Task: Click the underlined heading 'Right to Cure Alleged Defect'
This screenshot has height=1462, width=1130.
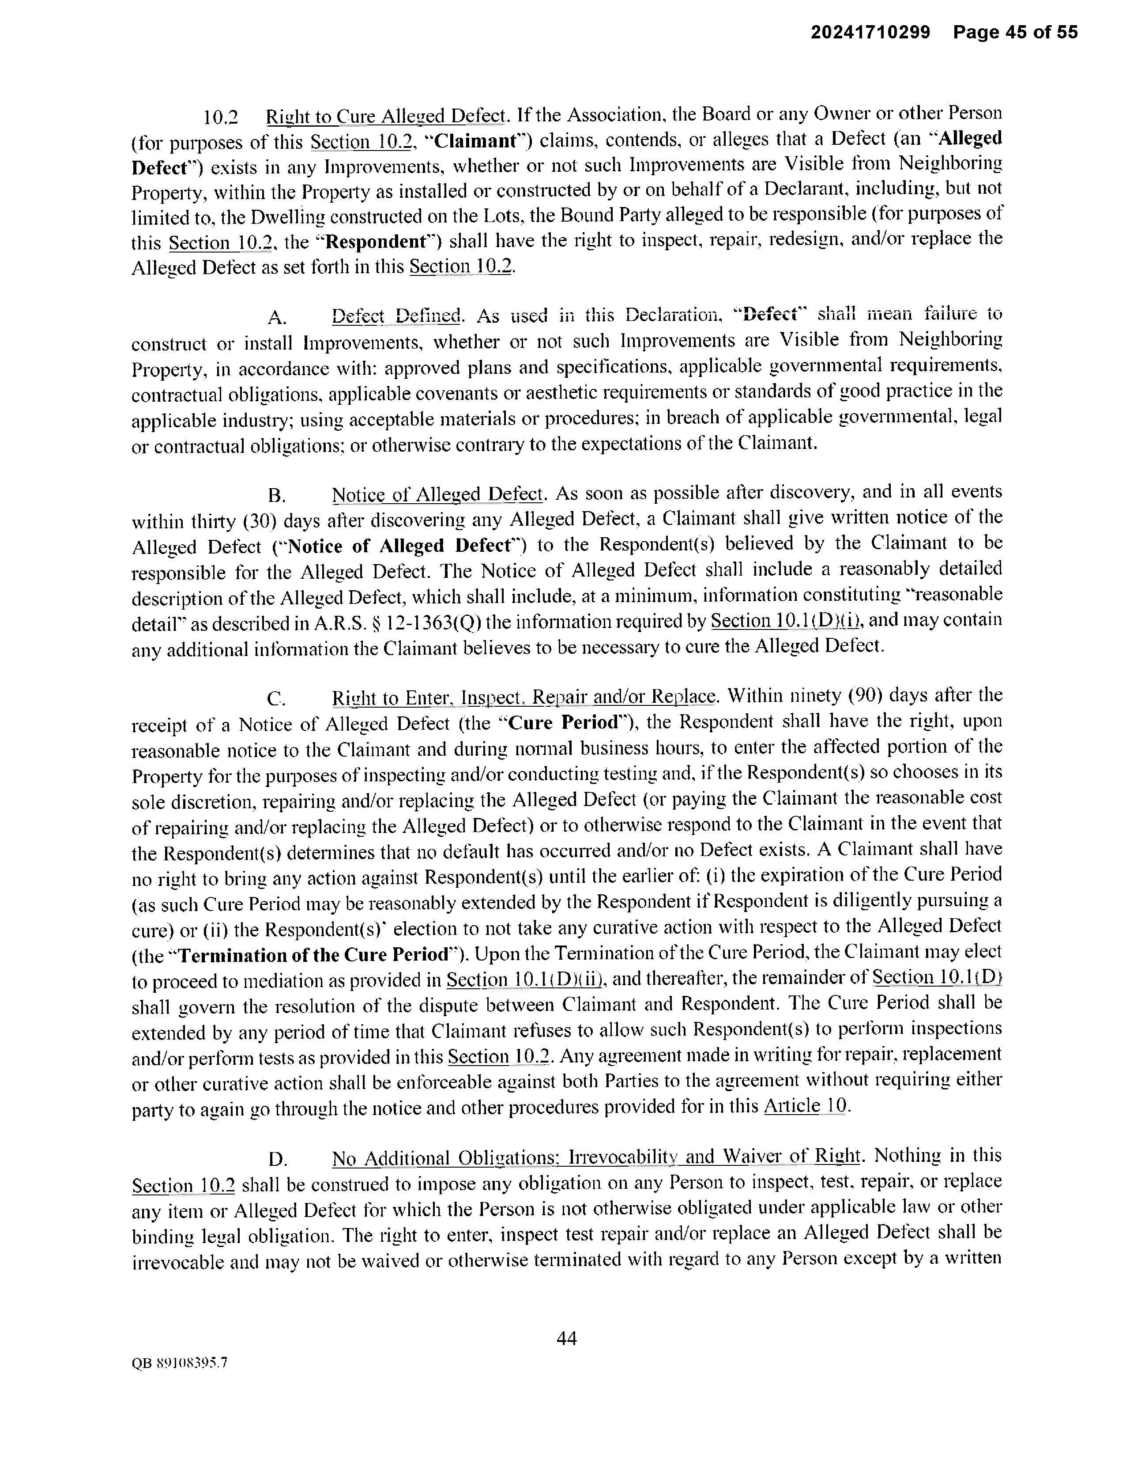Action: click(385, 117)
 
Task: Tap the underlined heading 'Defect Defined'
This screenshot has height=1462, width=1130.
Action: click(397, 315)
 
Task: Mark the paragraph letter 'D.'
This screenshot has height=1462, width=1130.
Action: click(277, 1159)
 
